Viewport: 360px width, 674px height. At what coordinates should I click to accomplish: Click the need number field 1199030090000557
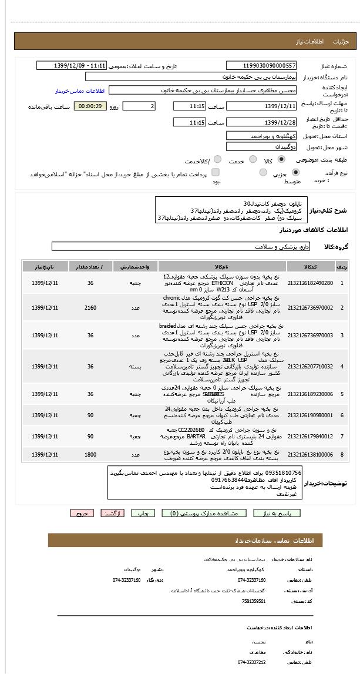click(261, 66)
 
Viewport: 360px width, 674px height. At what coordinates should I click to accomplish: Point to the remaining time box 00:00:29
click(90, 106)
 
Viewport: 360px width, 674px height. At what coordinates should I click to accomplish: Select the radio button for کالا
click(282, 159)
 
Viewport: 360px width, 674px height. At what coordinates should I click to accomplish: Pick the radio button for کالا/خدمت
click(217, 159)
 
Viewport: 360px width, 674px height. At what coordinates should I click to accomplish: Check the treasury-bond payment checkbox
click(216, 173)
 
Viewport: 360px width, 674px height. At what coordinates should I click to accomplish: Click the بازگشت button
click(113, 513)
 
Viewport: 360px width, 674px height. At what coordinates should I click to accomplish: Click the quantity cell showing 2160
click(90, 307)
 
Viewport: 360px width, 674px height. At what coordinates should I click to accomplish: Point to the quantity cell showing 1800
click(90, 454)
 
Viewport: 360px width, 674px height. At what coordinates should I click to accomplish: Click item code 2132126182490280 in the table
click(310, 283)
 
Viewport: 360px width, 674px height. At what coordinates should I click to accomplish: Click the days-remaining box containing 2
click(139, 106)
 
